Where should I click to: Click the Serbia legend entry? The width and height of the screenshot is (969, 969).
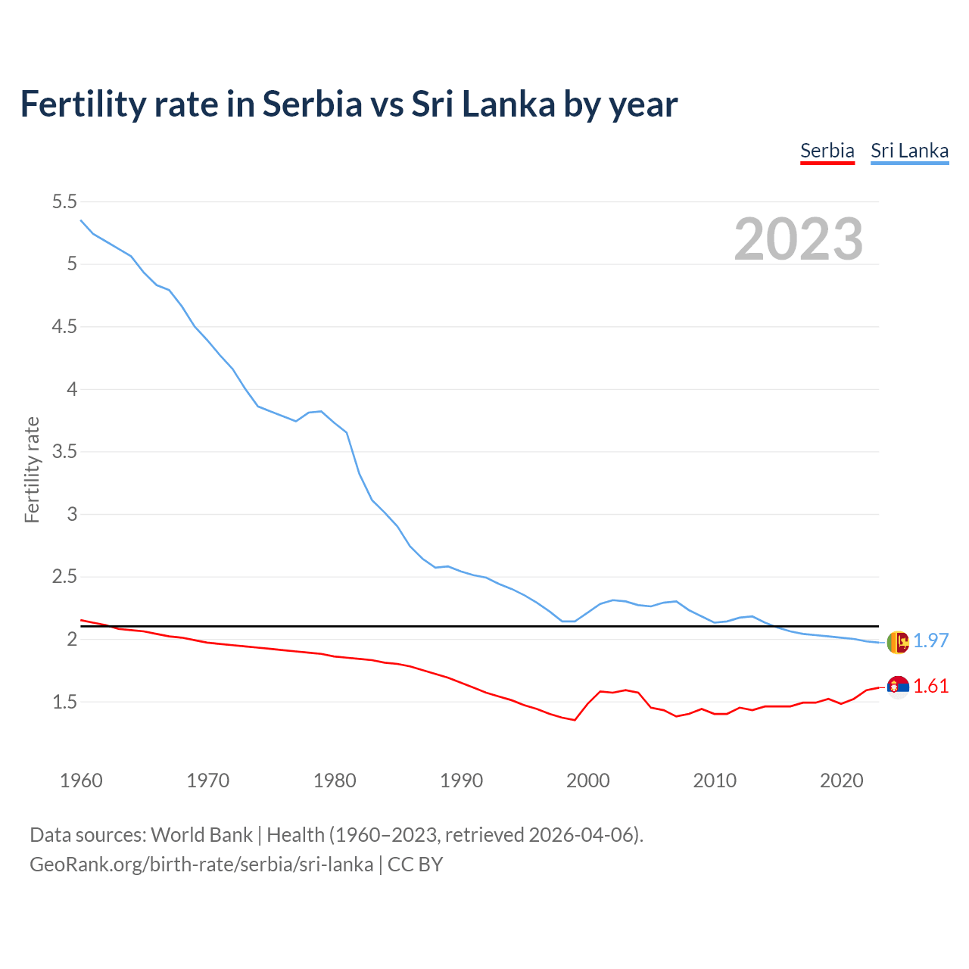pos(827,151)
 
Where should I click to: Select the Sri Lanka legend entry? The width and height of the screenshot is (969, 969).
pos(909,151)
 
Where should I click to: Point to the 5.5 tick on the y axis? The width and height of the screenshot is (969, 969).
pos(64,201)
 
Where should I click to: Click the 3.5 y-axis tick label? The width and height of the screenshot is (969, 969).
pos(64,452)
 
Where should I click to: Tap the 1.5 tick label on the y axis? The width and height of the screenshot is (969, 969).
pos(64,702)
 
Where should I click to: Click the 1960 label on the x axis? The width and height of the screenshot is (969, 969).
pos(81,780)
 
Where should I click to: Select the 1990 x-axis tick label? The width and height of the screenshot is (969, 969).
pos(461,780)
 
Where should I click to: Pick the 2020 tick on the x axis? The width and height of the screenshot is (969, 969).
pos(841,780)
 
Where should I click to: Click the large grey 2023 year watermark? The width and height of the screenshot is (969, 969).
pos(798,239)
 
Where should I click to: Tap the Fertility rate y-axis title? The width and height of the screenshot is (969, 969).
pos(32,469)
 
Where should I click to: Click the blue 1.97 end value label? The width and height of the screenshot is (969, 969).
pos(930,640)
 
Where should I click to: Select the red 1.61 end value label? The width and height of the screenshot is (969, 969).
pos(930,686)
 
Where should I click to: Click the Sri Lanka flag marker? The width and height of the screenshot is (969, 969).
pos(898,642)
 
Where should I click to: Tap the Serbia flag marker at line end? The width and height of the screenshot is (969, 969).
pos(898,686)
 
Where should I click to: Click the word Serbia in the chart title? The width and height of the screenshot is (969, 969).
pos(313,104)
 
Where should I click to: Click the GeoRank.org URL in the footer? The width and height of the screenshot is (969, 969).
pos(201,865)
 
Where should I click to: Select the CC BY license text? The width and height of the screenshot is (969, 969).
pos(415,865)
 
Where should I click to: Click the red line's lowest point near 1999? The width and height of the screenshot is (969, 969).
pos(575,720)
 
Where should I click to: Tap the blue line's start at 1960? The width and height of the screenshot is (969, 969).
pos(81,220)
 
